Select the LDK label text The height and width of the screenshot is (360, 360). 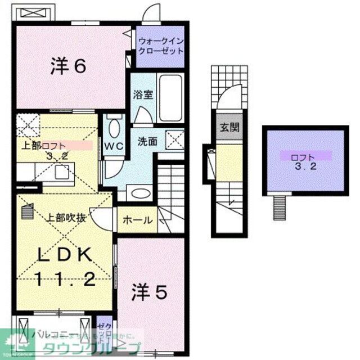(x=65, y=256)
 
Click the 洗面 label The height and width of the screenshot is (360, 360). (x=147, y=142)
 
